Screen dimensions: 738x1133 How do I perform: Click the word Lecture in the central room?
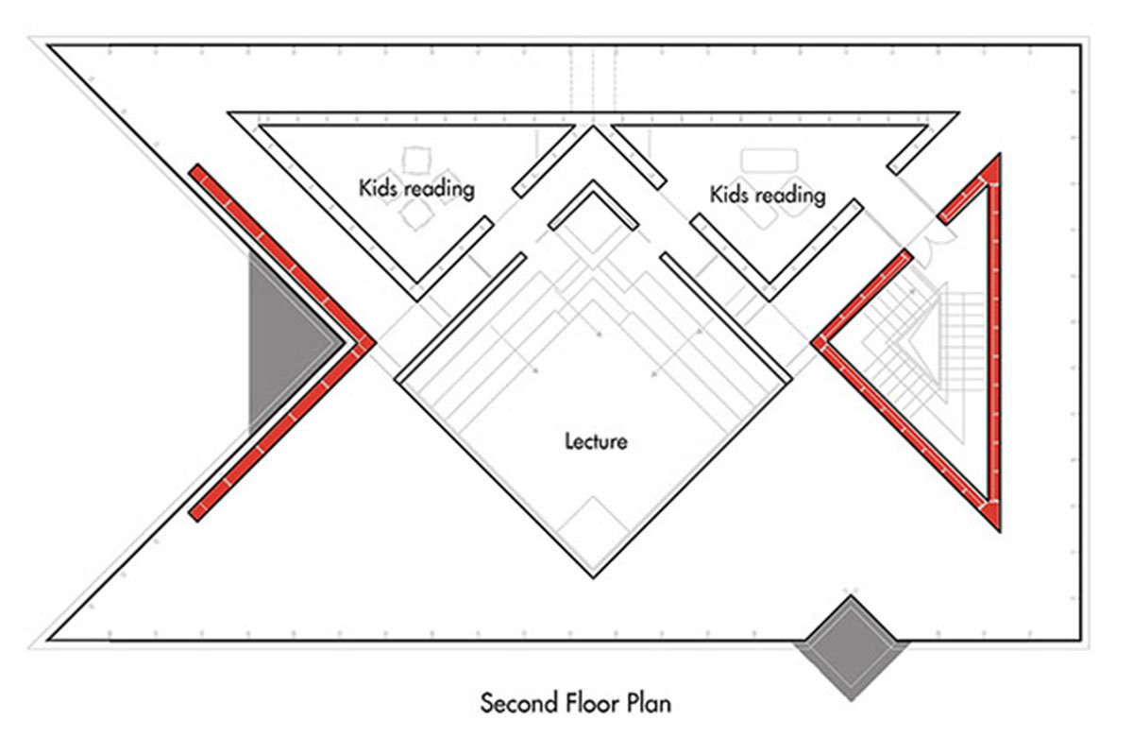click(x=596, y=440)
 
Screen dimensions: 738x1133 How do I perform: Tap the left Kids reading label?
click(x=415, y=187)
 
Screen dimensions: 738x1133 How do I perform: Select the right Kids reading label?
click(x=767, y=195)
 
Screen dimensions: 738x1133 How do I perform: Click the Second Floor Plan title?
click(x=576, y=703)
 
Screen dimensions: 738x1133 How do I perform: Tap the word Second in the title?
click(x=516, y=703)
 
